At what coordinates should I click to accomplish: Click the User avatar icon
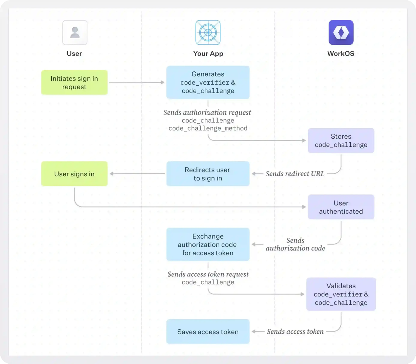75,32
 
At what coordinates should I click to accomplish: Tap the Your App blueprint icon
208,32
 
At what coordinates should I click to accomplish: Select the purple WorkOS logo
341,32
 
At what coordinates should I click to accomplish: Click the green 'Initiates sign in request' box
74,82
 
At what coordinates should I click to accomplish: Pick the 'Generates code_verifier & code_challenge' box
208,82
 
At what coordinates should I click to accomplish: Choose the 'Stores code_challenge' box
341,141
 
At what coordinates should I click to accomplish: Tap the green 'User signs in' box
74,174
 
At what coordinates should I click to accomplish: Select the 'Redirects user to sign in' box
208,174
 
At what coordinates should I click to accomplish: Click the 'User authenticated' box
341,207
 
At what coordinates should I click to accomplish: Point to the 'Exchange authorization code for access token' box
208,245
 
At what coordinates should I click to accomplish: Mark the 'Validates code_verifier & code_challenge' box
341,294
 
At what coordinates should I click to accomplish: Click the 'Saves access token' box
208,332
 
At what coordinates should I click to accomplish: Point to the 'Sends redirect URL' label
295,174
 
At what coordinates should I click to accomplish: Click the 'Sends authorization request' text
207,112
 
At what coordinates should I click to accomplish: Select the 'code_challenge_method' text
208,128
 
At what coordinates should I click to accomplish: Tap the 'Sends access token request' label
208,274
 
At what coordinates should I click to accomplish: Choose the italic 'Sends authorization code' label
295,244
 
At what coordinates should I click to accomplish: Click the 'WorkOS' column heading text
341,54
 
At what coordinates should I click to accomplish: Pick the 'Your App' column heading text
208,54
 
